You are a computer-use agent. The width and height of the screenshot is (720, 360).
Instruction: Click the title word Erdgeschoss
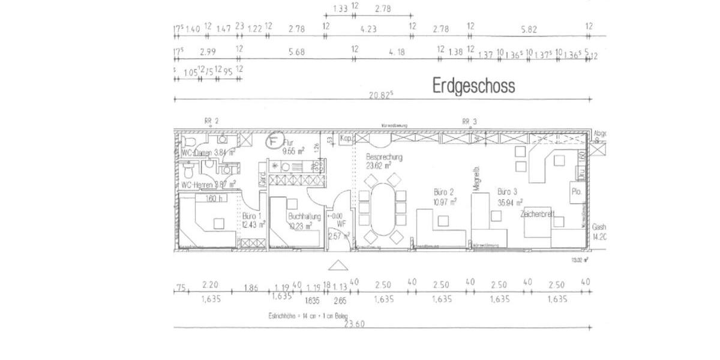[473, 86]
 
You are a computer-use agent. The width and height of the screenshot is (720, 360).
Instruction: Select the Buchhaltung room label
[304, 216]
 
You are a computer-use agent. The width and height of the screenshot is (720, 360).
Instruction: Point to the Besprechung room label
[384, 157]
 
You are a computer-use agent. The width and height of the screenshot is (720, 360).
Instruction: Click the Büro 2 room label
[445, 193]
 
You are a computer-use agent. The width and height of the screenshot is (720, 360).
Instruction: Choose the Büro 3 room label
[507, 192]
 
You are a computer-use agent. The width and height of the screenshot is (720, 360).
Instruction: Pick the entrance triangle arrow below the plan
[337, 265]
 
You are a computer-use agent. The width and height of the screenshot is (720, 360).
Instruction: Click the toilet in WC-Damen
[188, 143]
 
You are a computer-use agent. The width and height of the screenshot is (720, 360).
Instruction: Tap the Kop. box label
[345, 139]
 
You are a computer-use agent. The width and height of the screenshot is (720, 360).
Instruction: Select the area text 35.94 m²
[510, 202]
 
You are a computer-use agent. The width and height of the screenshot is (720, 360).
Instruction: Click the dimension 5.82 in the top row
[529, 28]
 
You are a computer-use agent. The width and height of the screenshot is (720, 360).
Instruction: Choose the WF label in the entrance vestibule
[341, 223]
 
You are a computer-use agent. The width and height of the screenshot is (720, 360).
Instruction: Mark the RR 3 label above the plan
[469, 121]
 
